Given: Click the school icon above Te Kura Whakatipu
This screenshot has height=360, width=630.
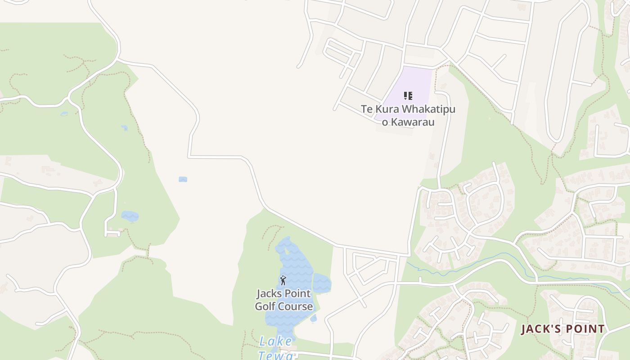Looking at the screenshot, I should (x=408, y=96).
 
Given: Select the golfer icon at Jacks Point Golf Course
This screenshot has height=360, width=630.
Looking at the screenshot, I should (x=283, y=281).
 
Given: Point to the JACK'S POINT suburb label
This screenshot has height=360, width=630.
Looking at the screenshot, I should (x=563, y=329).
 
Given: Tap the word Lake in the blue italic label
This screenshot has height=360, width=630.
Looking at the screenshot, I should (x=275, y=342).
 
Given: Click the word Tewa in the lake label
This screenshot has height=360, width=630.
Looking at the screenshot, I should (x=275, y=355).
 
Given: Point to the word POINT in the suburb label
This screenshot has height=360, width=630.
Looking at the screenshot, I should (x=584, y=329).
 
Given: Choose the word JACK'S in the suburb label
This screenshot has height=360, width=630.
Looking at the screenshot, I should (x=539, y=329).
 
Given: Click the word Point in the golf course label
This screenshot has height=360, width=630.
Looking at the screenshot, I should (x=297, y=294).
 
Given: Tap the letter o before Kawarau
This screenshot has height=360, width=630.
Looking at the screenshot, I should (x=385, y=122).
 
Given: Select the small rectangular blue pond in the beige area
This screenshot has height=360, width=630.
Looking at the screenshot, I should (x=183, y=179).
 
